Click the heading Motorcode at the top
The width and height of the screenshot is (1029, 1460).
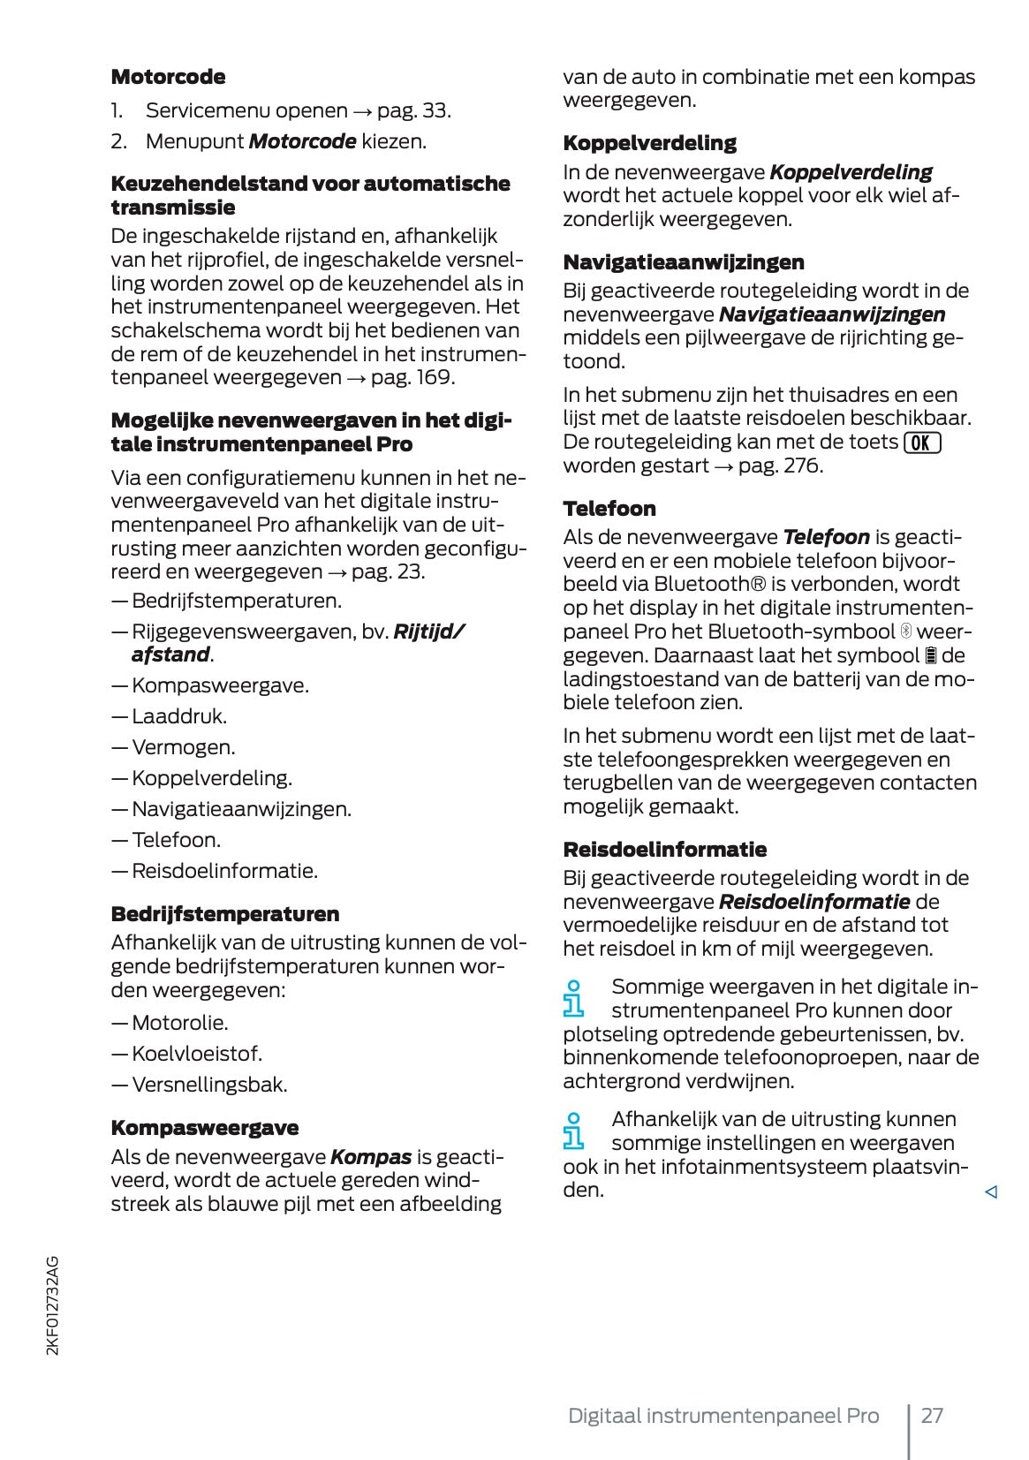tap(168, 77)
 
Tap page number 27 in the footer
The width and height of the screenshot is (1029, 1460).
tap(932, 1416)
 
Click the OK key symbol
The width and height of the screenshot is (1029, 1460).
tap(922, 443)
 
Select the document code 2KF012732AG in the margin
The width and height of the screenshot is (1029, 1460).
tap(53, 1305)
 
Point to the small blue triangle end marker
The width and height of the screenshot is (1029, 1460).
tap(990, 1192)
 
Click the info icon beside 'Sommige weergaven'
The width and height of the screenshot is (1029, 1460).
tap(574, 999)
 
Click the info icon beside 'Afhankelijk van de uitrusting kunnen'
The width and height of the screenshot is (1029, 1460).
tap(574, 1131)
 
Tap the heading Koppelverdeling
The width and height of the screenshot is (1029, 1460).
tap(649, 143)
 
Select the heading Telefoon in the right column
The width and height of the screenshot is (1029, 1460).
tap(609, 509)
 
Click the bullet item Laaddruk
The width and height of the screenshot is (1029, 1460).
tap(178, 716)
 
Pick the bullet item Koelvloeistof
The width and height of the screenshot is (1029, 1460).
tap(196, 1054)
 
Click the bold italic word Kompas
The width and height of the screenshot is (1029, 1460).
tap(370, 1157)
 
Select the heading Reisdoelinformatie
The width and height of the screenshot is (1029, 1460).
tap(664, 850)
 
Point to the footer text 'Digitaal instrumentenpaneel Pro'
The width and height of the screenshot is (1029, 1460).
tap(723, 1416)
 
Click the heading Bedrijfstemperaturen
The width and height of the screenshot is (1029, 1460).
tap(224, 914)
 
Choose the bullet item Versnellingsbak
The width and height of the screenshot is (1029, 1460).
tap(208, 1085)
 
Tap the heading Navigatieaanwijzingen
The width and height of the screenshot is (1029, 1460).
tap(683, 262)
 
